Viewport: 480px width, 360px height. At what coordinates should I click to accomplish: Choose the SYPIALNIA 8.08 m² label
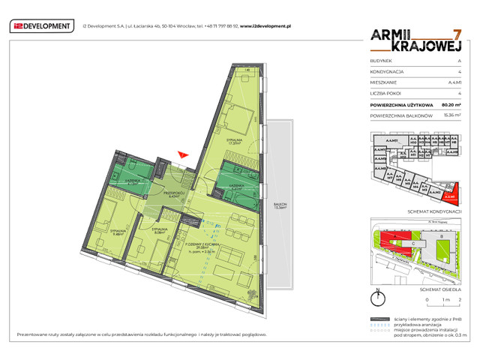point(157,230)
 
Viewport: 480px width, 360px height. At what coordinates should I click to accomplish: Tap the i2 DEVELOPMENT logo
point(43,26)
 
